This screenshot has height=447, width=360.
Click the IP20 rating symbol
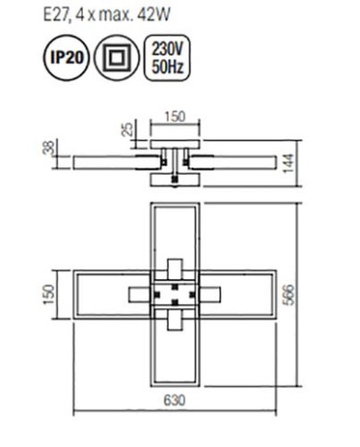point(66,57)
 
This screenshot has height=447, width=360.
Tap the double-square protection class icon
point(116,57)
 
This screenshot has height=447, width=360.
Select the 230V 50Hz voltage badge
point(167,57)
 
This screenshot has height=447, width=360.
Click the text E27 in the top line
point(54,15)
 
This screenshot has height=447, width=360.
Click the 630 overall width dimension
point(174,401)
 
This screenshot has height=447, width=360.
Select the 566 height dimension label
point(289,295)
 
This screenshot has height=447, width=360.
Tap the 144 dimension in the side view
point(289,163)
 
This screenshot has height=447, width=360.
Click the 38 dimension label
point(49,147)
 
